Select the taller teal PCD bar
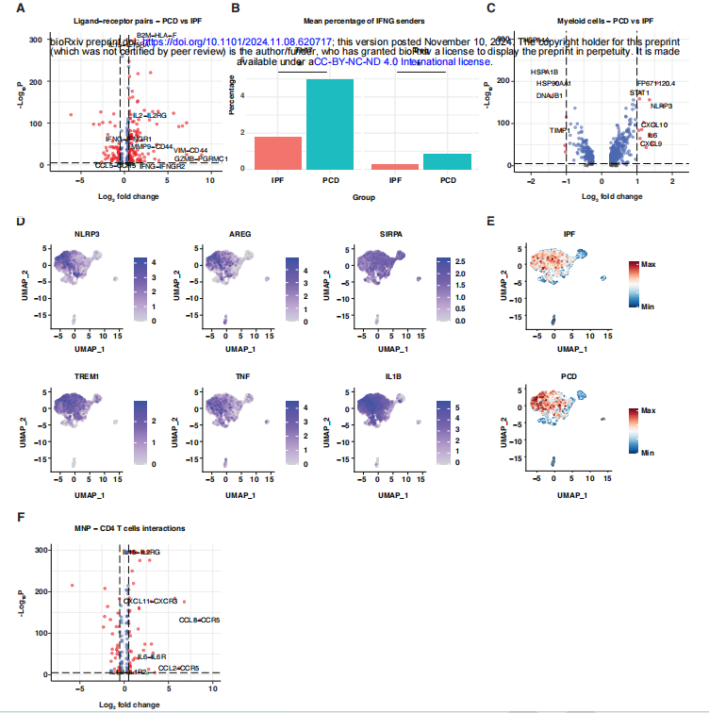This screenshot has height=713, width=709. [330, 124]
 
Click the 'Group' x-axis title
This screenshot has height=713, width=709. [363, 197]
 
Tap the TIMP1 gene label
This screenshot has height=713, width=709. [559, 130]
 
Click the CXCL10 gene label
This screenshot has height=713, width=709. [653, 124]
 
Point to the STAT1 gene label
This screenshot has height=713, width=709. [639, 93]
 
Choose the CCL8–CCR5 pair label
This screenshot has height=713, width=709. [199, 620]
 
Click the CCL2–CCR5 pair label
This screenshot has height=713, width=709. [178, 668]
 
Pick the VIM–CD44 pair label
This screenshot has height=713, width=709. [190, 150]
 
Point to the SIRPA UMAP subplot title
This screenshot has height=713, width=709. [376, 232]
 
